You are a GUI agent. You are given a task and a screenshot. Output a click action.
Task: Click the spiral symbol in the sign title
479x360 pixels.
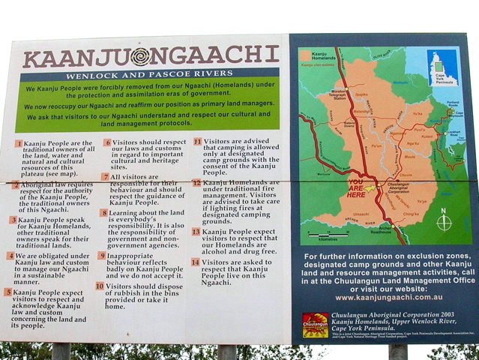[x=140, y=56]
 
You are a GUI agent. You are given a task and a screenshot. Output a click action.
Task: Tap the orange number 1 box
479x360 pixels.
[x=19, y=143]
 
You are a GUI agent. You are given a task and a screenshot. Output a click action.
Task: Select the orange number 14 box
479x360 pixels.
[x=196, y=263]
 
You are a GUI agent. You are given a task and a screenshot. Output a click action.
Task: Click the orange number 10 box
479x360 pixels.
[x=100, y=286]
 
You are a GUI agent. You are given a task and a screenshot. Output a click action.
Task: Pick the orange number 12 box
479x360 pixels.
[x=196, y=182]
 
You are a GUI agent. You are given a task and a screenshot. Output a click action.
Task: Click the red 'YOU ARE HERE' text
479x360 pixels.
[x=356, y=187]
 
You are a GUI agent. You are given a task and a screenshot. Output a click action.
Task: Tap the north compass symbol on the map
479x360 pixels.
[x=444, y=222]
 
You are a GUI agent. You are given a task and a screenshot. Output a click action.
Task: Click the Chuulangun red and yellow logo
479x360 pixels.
[x=315, y=325]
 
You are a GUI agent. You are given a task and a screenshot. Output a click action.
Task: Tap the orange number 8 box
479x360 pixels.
[x=104, y=213]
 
